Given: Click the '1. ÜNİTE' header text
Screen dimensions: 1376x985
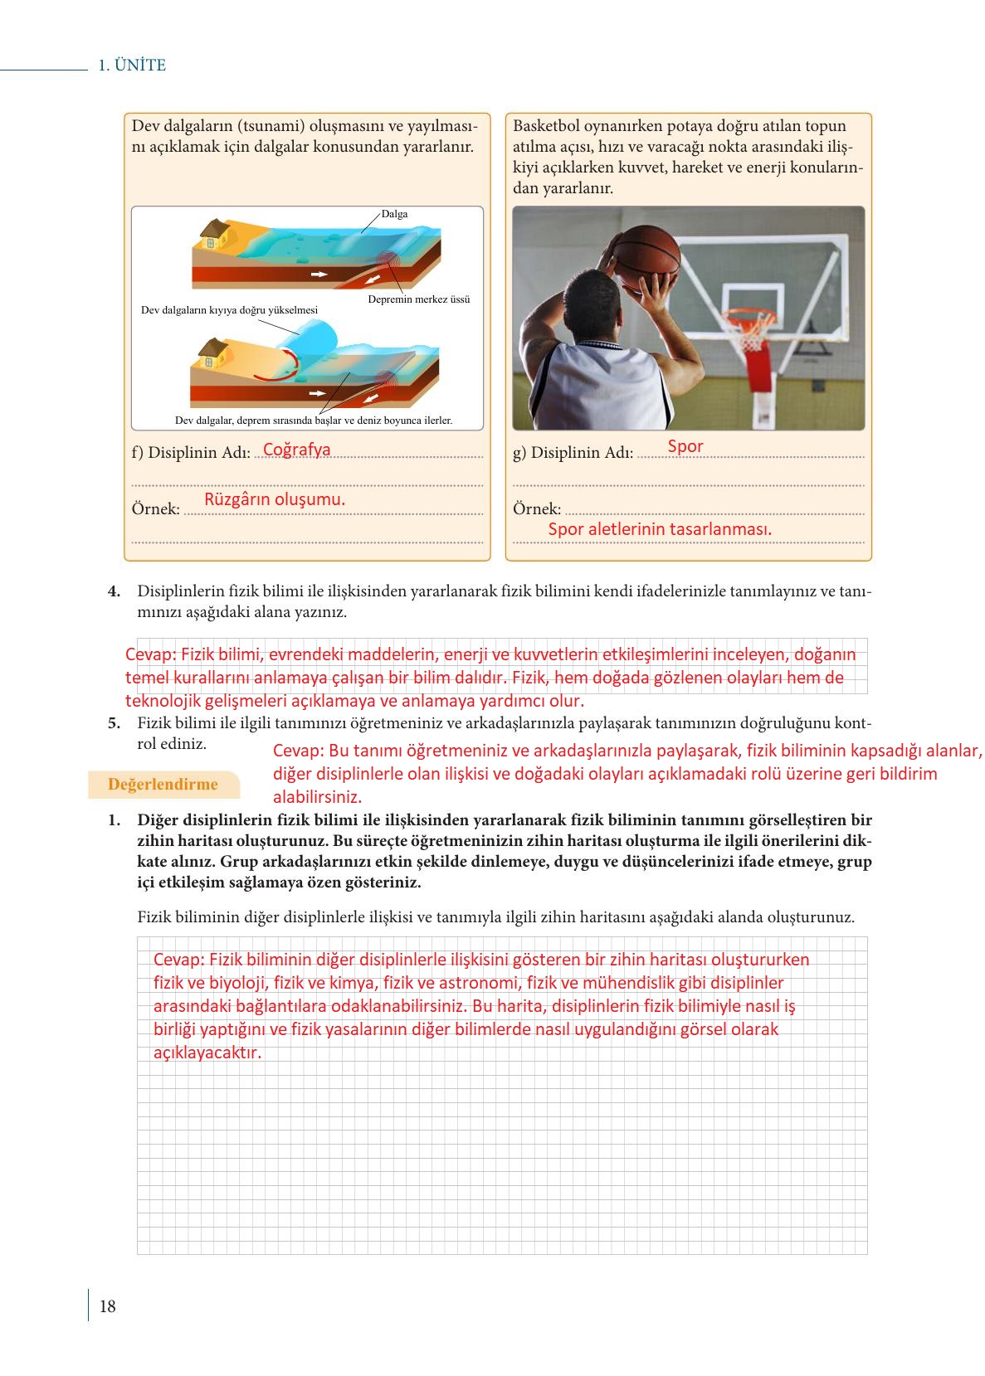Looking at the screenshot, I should (132, 66).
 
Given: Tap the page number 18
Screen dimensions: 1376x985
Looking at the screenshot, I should (108, 1306).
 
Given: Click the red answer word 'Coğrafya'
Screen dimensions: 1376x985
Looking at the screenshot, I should (296, 450).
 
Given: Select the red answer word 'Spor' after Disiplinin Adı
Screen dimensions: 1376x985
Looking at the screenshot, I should (685, 446).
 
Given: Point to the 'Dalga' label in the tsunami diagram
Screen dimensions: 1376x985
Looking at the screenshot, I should (395, 214).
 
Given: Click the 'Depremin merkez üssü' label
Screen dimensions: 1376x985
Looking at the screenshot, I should (418, 299).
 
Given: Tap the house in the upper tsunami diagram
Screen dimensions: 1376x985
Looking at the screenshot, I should (212, 234).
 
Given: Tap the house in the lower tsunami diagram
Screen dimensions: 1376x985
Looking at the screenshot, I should (212, 353).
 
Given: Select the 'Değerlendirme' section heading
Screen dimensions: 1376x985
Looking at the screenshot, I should (163, 784).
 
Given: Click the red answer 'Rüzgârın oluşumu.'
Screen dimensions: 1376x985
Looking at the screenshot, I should (275, 499).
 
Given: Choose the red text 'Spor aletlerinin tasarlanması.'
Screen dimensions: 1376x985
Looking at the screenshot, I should (660, 529).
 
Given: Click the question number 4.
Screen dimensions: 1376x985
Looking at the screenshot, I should (115, 591).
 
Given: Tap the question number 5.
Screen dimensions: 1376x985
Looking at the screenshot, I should (115, 723).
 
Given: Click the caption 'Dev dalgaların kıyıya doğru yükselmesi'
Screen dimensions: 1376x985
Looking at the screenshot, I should (229, 310).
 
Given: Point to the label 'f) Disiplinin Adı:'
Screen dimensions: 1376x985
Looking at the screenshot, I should (191, 453).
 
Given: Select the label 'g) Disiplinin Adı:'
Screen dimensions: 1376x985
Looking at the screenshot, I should (573, 453).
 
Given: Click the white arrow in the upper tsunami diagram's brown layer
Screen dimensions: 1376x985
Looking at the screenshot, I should (318, 273).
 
